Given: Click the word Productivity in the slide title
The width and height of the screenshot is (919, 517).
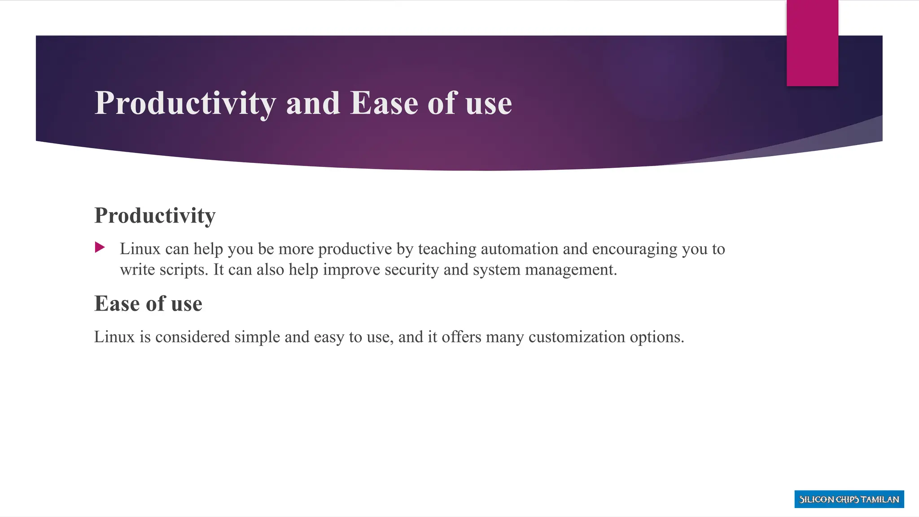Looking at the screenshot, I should pyautogui.click(x=185, y=104).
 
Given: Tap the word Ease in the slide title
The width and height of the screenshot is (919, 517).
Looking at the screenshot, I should pyautogui.click(x=384, y=103).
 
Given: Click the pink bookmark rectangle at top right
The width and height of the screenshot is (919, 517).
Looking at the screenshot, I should pyautogui.click(x=812, y=43).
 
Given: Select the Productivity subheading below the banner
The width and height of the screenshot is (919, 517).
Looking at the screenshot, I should pyautogui.click(x=155, y=215).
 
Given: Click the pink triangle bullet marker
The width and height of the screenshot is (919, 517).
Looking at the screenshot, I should pyautogui.click(x=100, y=247).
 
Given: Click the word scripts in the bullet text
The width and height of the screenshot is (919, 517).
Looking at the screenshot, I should pyautogui.click(x=184, y=270).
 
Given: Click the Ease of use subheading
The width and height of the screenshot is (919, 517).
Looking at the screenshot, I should pyautogui.click(x=148, y=304).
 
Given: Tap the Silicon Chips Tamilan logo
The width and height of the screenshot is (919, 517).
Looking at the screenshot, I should pyautogui.click(x=849, y=499).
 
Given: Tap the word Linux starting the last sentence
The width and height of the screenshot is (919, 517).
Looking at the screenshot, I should pyautogui.click(x=114, y=337).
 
